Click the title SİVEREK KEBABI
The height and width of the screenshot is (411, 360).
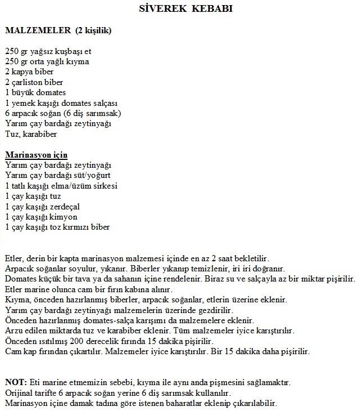click(185, 10)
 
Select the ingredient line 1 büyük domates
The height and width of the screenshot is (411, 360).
click(35, 92)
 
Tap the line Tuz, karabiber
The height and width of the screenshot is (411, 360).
click(31, 134)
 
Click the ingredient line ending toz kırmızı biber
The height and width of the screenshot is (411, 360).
click(57, 227)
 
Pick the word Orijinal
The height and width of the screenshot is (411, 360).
click(19, 393)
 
